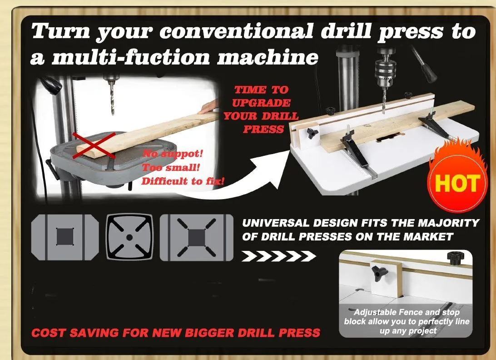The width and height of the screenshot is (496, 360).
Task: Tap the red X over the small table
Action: tap(94, 145)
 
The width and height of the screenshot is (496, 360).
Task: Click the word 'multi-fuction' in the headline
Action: tap(131, 58)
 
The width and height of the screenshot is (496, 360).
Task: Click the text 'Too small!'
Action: tap(171, 167)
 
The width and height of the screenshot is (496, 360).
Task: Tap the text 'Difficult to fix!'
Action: tap(183, 181)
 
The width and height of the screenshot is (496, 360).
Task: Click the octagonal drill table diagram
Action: tap(65, 237)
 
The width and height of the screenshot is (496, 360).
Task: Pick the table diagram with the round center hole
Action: tap(129, 237)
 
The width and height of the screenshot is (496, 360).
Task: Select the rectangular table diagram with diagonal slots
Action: tap(196, 237)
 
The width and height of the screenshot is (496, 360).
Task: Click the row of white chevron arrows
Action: tap(278, 256)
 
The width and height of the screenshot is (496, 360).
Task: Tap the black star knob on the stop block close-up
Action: tap(380, 273)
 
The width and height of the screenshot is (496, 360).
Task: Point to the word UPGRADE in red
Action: tap(261, 103)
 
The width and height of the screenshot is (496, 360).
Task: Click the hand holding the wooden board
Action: tap(208, 106)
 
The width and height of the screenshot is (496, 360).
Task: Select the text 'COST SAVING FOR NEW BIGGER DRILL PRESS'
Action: tap(176, 333)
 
